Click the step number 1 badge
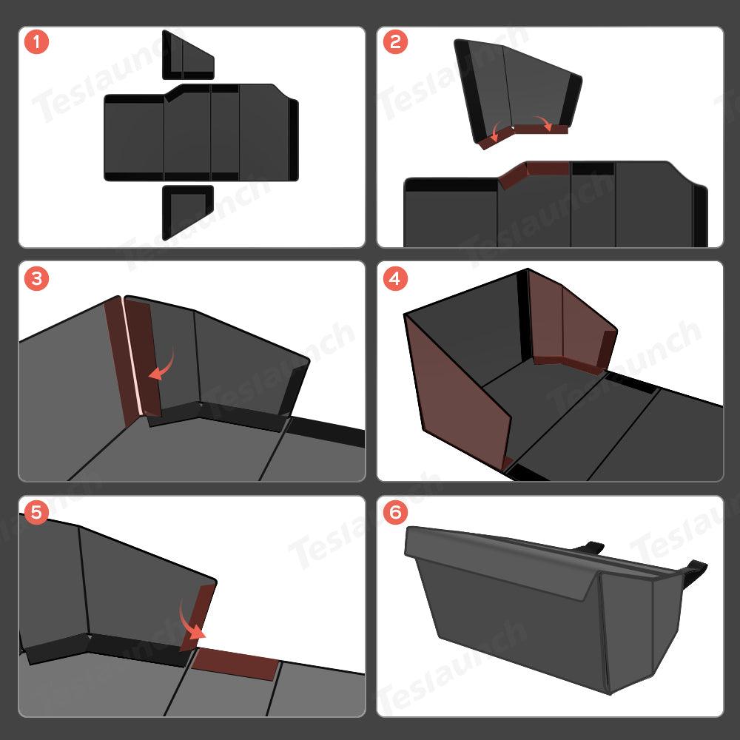[36, 41]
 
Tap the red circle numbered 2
[394, 41]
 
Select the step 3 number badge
[36, 278]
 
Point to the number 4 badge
[394, 278]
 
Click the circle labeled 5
[36, 512]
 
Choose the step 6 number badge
[394, 512]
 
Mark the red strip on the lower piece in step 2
[533, 171]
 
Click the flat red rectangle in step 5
[235, 664]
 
